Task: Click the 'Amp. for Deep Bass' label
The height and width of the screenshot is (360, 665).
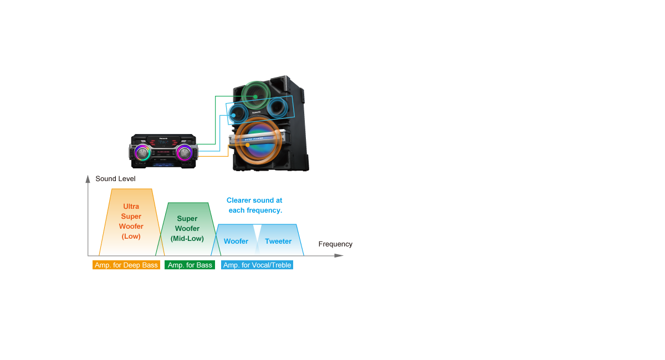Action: [x=126, y=265]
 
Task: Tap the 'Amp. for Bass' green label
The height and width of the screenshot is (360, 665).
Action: [x=190, y=265]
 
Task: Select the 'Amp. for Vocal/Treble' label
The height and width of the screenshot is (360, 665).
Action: [x=257, y=265]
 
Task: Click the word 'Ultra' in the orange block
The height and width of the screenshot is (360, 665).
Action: [x=131, y=207]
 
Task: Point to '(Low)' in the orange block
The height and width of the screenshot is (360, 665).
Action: [x=131, y=236]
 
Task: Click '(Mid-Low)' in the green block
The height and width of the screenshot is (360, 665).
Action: [x=187, y=239]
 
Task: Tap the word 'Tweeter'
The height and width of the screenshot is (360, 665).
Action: [x=278, y=241]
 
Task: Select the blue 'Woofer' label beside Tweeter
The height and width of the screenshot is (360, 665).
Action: [x=236, y=241]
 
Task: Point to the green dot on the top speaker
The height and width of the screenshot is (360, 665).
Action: [x=255, y=97]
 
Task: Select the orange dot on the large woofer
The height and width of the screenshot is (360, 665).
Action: [x=248, y=145]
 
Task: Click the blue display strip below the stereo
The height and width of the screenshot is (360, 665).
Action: [x=163, y=165]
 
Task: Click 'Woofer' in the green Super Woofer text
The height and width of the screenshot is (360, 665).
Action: [x=187, y=229]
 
